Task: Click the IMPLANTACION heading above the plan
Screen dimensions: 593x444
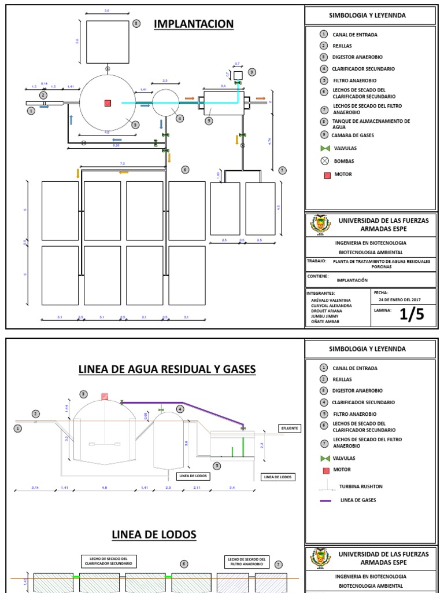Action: (x=193, y=24)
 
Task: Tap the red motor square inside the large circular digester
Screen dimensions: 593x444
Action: (x=108, y=103)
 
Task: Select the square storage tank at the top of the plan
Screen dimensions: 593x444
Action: (x=108, y=42)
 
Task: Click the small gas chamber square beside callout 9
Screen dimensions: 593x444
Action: (x=238, y=75)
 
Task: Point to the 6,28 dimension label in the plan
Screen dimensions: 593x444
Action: (x=116, y=145)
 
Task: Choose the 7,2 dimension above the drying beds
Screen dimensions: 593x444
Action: (x=122, y=164)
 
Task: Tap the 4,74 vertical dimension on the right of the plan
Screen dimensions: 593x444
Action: (x=269, y=140)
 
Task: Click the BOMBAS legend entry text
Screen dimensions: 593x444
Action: (x=343, y=161)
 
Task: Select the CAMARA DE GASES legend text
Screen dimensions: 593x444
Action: (x=353, y=135)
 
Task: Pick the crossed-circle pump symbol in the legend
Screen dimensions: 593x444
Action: (x=327, y=161)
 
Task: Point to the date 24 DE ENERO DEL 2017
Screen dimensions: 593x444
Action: (x=401, y=301)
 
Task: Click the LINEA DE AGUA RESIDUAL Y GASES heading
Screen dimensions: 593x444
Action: (x=167, y=369)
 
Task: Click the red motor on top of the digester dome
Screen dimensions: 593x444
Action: (x=105, y=397)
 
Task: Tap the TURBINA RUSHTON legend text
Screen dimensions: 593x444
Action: (x=361, y=486)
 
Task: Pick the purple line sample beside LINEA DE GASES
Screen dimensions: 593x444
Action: (x=325, y=500)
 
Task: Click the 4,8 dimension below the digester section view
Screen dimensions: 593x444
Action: (x=105, y=488)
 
